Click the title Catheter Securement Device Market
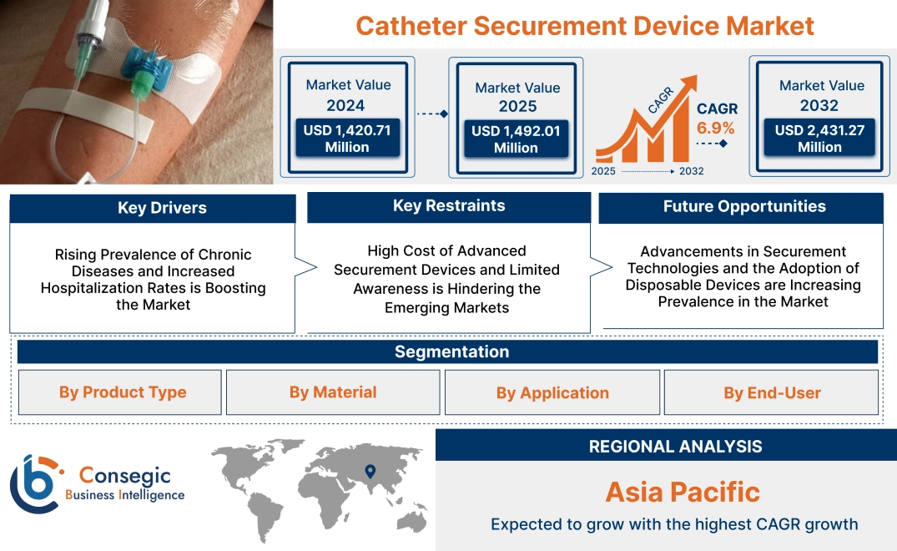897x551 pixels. tap(584, 26)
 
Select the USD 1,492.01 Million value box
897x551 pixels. tap(515, 139)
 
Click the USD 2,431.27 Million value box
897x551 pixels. tap(819, 139)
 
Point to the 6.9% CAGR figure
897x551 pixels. tap(716, 128)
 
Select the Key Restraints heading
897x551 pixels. tap(449, 205)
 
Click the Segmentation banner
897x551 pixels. tap(451, 351)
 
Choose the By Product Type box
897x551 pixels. tap(123, 392)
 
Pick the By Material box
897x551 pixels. tap(333, 392)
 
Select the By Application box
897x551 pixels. tap(552, 392)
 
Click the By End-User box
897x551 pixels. tap(772, 392)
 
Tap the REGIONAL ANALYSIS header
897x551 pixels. tap(675, 447)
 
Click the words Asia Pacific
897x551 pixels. tap(683, 492)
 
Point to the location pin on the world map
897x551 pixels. tap(371, 473)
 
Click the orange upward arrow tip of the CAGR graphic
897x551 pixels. tap(691, 84)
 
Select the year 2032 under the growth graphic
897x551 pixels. tap(692, 171)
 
